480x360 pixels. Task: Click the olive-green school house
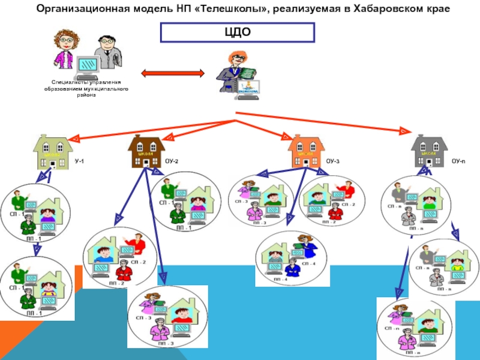click(x=53, y=152)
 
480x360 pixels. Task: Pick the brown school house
click(x=147, y=152)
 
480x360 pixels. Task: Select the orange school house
click(x=306, y=152)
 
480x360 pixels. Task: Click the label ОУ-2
click(x=171, y=162)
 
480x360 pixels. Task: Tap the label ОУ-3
click(x=332, y=162)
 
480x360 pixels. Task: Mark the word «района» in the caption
click(x=86, y=95)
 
